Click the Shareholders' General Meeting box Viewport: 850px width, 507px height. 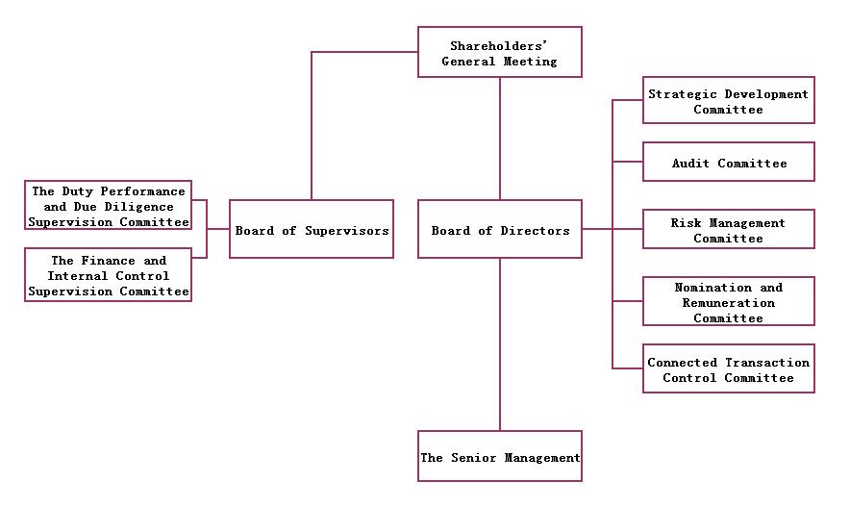499,52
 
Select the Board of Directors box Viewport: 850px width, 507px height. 499,230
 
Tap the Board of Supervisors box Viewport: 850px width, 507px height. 312,230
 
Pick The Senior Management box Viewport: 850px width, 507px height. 499,457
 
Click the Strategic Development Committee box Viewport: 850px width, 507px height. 728,101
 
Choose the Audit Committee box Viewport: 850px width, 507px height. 728,163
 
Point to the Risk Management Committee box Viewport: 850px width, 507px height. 728,230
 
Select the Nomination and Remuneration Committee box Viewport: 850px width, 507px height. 728,302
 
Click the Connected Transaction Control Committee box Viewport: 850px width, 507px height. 728,369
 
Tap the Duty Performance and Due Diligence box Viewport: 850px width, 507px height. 108,206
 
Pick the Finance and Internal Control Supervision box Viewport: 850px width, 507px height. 108,275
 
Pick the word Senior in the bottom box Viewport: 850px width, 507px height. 472,458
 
